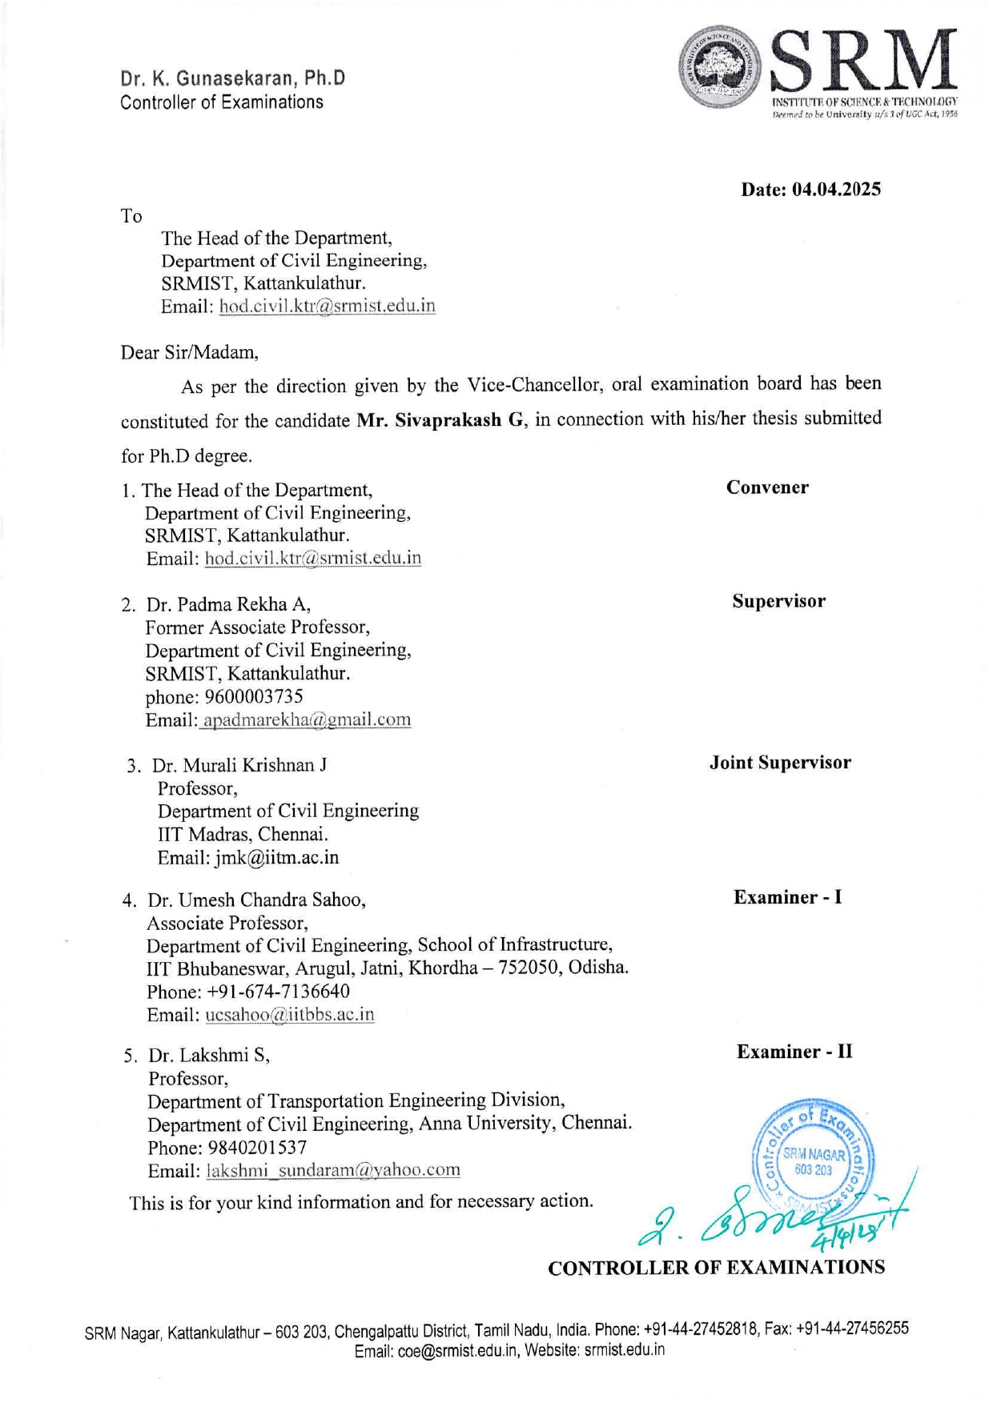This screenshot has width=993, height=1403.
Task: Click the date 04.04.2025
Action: coord(836,190)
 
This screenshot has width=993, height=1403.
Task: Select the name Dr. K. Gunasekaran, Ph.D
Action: coord(233,78)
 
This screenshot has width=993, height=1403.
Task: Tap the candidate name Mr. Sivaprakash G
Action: coord(440,420)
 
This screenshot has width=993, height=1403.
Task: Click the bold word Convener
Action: coord(767,487)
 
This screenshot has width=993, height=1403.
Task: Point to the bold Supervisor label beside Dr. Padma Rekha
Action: coord(778,601)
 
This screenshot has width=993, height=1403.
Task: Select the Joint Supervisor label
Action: coord(780,763)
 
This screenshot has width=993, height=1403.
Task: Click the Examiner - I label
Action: coord(787,897)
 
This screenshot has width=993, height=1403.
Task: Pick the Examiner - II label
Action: coord(794,1052)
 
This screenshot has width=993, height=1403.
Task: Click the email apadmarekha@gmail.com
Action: coord(306,720)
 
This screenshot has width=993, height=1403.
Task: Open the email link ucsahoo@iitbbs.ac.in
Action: coord(290,1015)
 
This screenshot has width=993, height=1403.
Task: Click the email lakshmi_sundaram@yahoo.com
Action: coord(333,1170)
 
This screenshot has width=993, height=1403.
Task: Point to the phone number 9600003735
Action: coord(254,696)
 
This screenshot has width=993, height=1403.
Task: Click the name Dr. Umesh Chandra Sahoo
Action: coord(256,900)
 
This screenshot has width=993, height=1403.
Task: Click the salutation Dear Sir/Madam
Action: coord(189,352)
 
